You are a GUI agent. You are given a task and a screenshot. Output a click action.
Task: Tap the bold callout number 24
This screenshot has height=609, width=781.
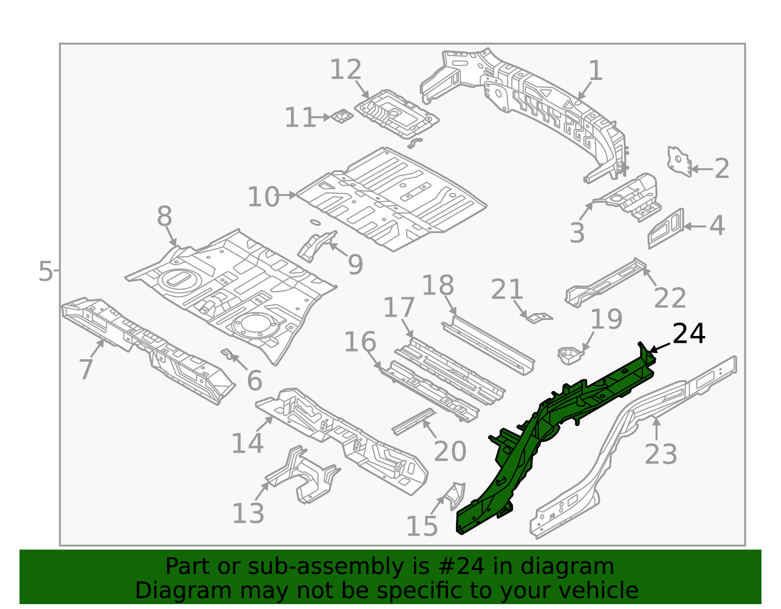click(688, 334)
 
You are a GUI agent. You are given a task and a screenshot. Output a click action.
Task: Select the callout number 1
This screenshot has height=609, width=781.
click(596, 71)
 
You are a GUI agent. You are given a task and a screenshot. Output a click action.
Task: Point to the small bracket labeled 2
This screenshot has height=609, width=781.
click(679, 161)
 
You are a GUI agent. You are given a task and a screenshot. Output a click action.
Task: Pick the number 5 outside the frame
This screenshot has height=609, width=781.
click(45, 271)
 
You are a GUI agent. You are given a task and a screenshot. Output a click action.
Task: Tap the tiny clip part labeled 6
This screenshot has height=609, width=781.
click(226, 353)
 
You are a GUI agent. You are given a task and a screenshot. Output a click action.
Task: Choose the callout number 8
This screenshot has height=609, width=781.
click(164, 216)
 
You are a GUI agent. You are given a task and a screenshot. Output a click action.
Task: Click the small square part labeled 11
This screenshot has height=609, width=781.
click(341, 117)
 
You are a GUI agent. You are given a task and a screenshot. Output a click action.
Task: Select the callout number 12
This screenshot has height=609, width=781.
click(346, 70)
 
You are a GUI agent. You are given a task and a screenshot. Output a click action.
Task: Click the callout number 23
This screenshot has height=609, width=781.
click(660, 454)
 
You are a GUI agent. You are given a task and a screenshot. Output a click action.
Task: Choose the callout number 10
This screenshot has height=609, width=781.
click(263, 197)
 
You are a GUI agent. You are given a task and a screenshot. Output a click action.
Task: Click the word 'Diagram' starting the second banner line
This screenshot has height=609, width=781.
click(163, 590)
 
